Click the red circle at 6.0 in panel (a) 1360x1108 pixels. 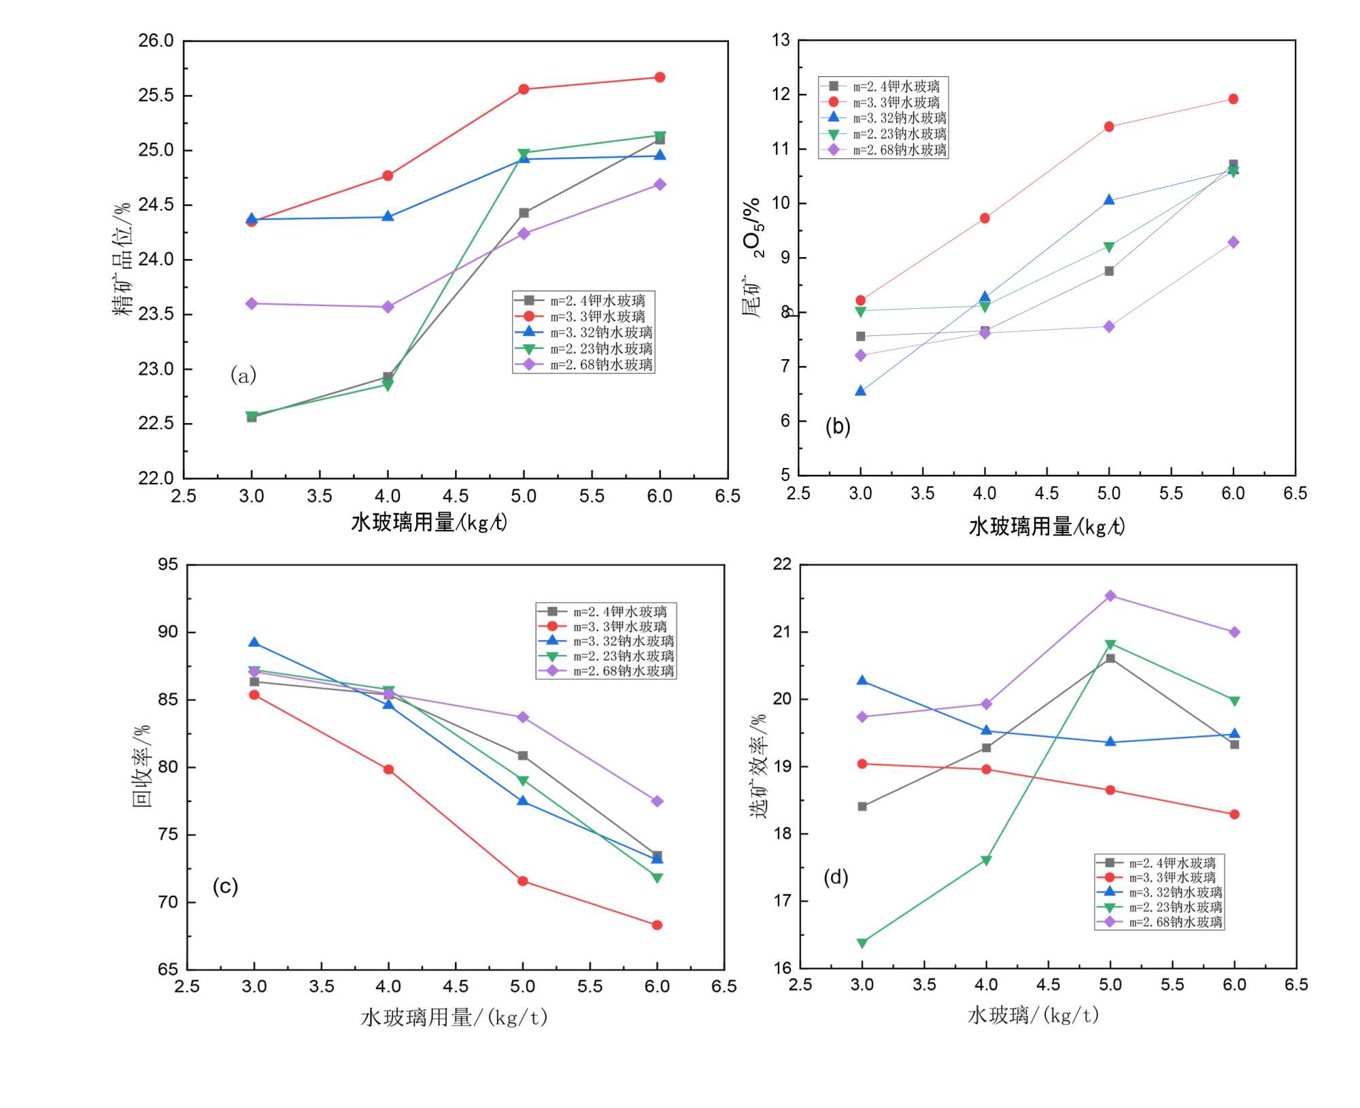pos(660,78)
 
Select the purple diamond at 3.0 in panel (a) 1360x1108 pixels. pos(252,303)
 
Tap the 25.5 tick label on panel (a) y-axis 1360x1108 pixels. pos(156,95)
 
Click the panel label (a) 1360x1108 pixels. pos(243,375)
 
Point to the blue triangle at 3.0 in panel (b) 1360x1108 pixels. pos(860,391)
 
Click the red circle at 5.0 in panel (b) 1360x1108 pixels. pos(1109,127)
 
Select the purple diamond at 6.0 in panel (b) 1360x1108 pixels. pos(1233,242)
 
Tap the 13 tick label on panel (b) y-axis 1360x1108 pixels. pos(781,40)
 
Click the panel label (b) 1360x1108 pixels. pos(837,426)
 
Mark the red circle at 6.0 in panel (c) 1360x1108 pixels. pos(657,925)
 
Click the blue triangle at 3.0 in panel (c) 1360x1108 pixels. pos(254,643)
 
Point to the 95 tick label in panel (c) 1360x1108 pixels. pos(167,565)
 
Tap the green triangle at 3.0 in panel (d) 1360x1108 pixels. pos(862,943)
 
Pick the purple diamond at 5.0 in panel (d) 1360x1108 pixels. pos(1110,596)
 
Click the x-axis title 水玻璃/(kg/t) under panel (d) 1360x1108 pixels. pos(1033,1015)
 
